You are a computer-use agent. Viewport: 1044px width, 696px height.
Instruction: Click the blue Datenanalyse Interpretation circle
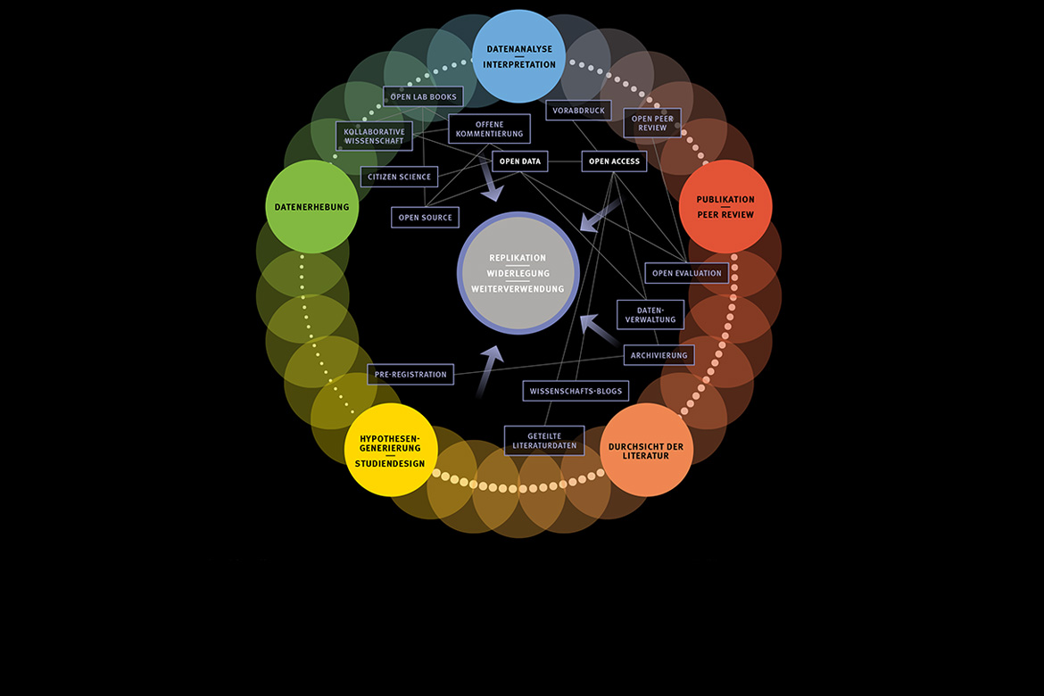pos(518,56)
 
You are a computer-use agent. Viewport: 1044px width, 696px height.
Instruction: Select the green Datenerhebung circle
pos(311,206)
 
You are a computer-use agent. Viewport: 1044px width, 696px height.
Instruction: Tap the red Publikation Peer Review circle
pos(725,206)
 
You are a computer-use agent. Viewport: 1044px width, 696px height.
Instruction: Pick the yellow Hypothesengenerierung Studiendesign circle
pos(390,450)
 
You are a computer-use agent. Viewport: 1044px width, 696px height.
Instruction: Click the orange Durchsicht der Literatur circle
pos(646,450)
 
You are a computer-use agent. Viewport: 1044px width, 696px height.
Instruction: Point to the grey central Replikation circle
pos(518,273)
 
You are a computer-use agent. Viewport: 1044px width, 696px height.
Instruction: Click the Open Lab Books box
pos(423,96)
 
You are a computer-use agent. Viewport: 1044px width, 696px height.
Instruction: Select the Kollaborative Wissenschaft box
pos(374,137)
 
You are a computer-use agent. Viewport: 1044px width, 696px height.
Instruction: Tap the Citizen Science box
pos(399,177)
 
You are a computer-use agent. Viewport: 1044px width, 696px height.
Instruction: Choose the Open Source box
pos(425,217)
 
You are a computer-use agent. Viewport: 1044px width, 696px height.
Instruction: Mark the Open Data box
pos(520,162)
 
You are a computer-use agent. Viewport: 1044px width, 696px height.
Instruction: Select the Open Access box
pos(614,162)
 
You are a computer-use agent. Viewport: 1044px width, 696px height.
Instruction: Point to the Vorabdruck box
pos(578,111)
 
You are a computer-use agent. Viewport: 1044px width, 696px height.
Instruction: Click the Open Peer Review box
pos(652,123)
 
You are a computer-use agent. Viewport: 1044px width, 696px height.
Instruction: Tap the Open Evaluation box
pos(686,273)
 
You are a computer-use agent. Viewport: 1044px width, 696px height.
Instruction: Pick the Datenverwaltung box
pos(650,314)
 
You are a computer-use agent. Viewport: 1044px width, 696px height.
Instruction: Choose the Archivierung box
pos(659,355)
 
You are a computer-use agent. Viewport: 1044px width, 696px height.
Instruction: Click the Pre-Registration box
pos(410,375)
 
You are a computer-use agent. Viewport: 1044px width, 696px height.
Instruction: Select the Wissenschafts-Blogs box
pos(576,391)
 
